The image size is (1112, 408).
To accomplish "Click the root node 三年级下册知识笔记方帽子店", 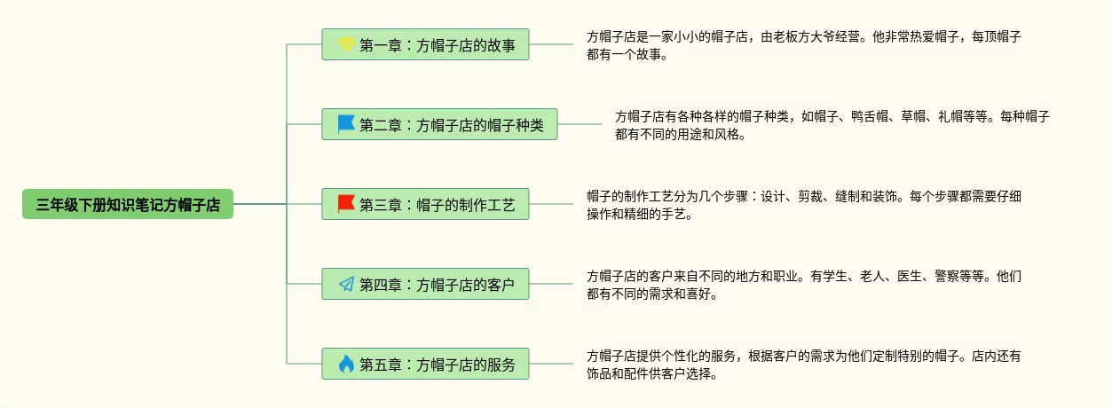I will [128, 205].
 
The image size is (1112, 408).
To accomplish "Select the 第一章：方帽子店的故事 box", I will [425, 44].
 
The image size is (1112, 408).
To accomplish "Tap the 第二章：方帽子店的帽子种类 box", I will [439, 124].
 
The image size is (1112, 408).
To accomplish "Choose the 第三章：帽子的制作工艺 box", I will [425, 205].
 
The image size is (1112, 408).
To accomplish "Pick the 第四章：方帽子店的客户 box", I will [425, 285].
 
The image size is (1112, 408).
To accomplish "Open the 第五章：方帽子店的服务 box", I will [425, 364].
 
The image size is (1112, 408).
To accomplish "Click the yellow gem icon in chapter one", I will [346, 44].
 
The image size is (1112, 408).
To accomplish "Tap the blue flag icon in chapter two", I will [346, 124].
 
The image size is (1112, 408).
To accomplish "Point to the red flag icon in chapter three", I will [346, 204].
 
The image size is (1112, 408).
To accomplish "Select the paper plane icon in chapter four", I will [346, 285].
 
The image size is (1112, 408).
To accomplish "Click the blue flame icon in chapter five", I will [346, 364].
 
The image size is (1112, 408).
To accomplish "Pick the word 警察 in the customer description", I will [935, 276].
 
